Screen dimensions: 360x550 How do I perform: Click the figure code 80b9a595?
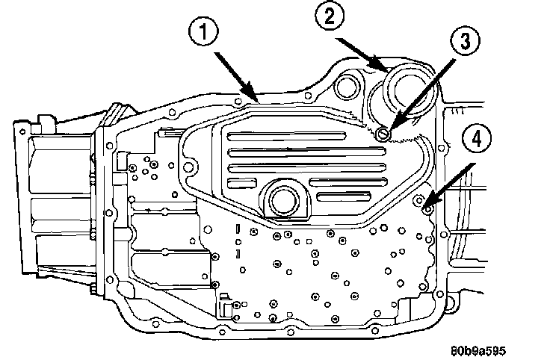point(498,348)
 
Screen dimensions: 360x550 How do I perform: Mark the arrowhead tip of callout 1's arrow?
point(258,102)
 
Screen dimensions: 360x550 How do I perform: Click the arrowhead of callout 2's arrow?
point(390,72)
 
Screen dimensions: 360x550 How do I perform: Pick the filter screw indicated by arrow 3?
point(383,134)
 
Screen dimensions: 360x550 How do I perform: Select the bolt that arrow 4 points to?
point(427,207)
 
